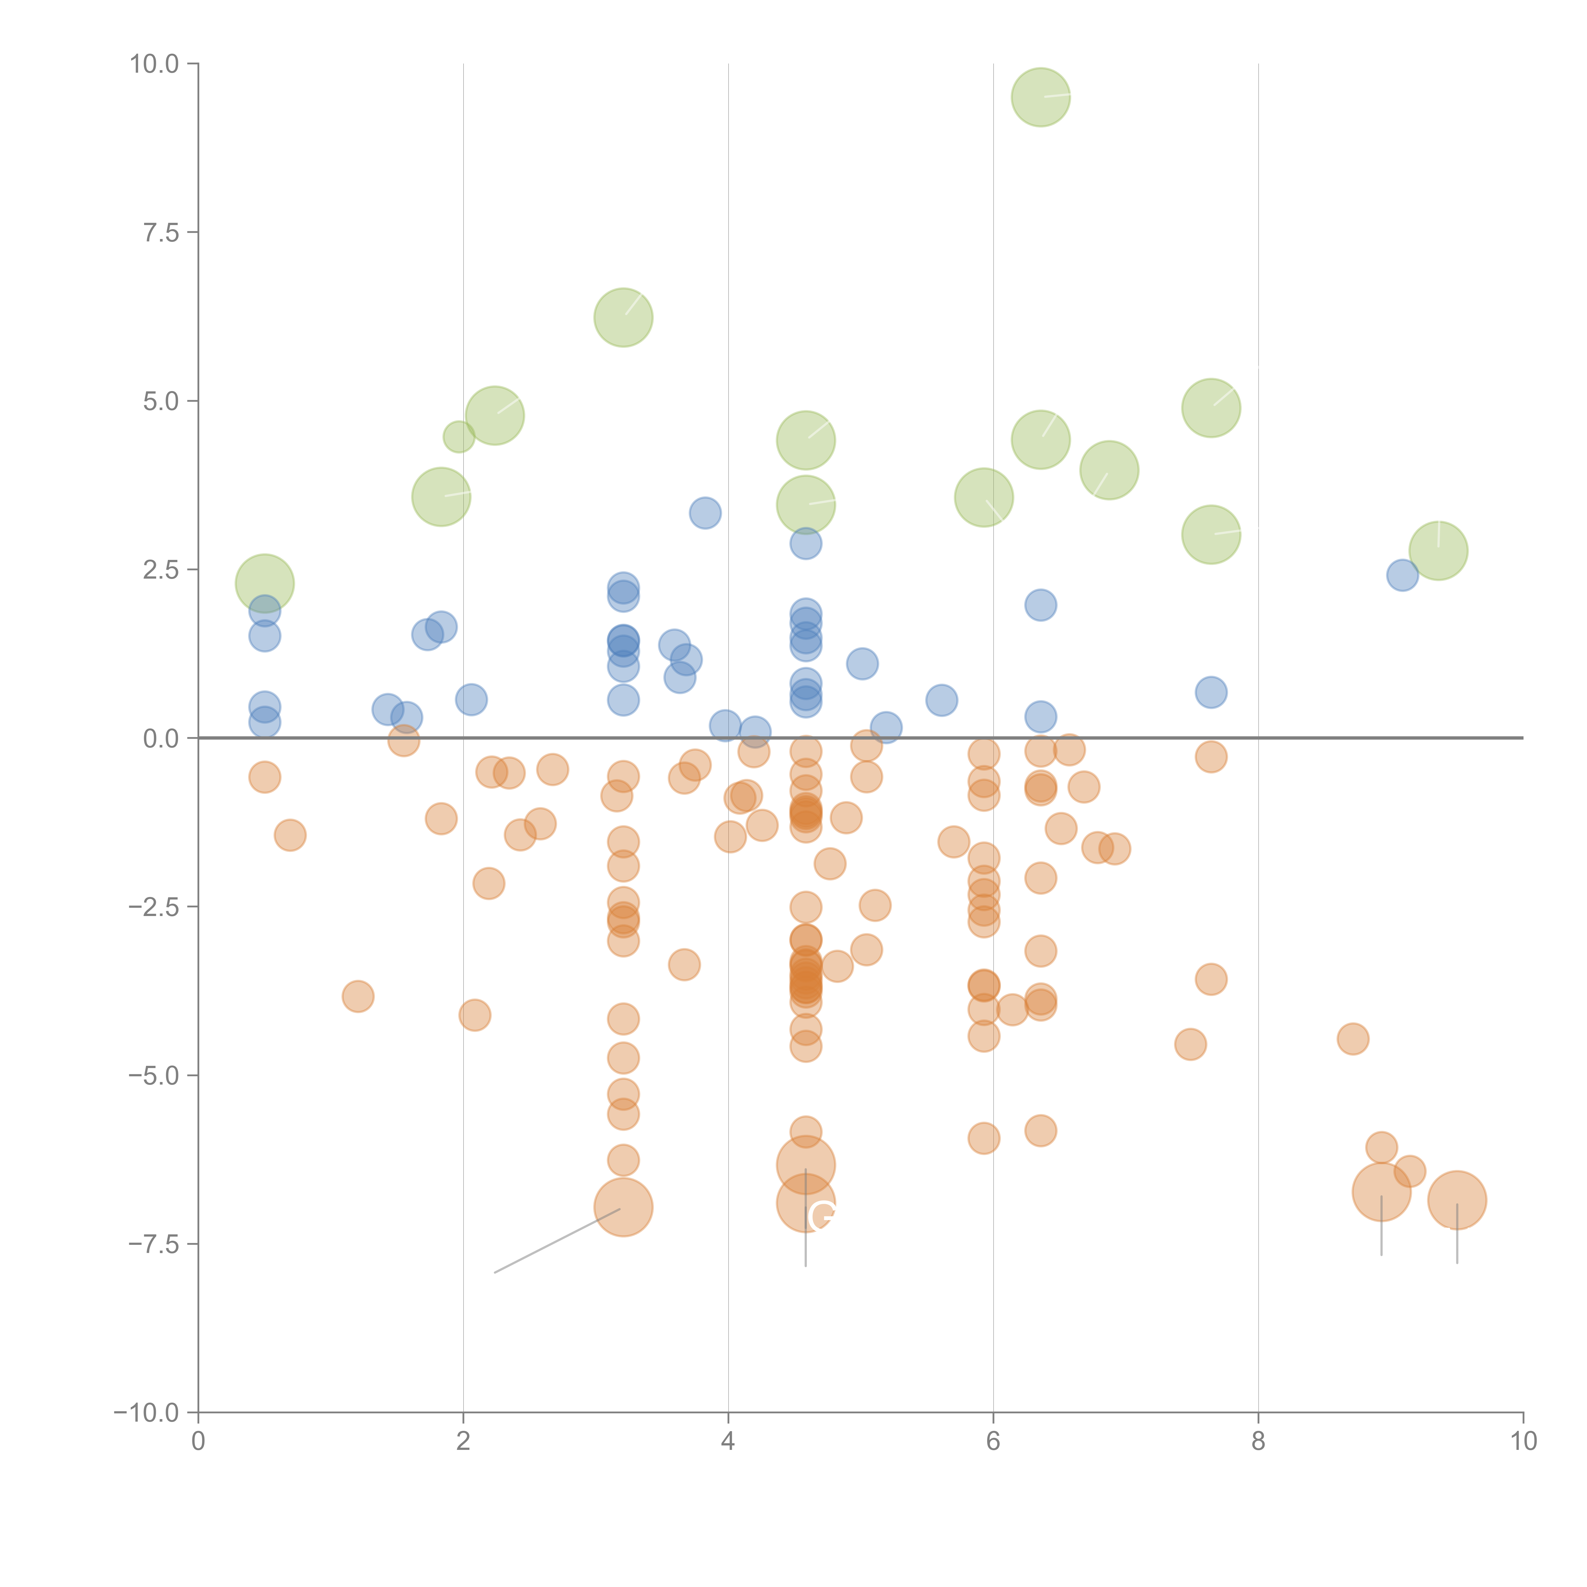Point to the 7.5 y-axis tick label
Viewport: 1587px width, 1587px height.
point(161,232)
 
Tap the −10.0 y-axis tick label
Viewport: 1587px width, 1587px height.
point(146,1413)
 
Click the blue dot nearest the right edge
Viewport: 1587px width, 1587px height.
point(1402,575)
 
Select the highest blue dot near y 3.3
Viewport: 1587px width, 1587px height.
point(705,513)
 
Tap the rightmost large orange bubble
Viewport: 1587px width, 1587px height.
point(1457,1200)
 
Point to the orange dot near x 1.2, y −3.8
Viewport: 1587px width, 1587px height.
point(358,996)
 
